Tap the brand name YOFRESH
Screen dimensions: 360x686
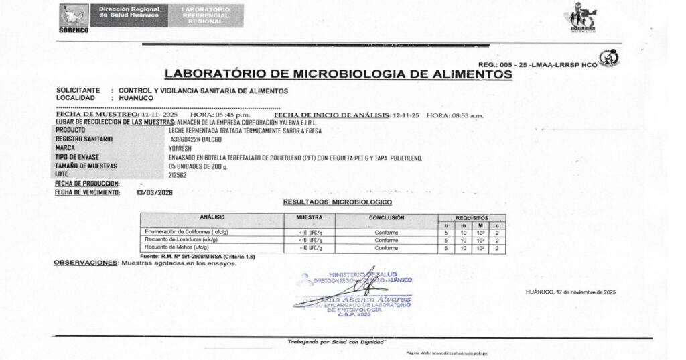click(181, 147)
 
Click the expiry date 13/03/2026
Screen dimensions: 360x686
click(155, 192)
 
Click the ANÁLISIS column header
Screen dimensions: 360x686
click(212, 218)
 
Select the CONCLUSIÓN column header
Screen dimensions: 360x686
click(387, 218)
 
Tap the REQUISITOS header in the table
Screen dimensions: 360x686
click(472, 217)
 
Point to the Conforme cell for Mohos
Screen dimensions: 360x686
click(387, 248)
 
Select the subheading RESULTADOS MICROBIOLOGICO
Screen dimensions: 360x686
click(337, 202)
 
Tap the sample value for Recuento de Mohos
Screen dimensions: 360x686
click(310, 248)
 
